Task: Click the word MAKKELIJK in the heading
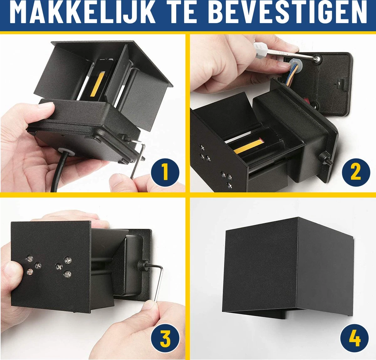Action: (83, 13)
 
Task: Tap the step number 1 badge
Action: (165, 172)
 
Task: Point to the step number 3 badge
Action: (165, 339)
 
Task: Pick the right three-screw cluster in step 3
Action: (64, 267)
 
